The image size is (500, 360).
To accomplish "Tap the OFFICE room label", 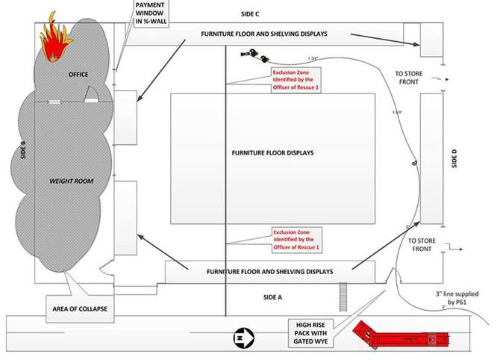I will [78, 74].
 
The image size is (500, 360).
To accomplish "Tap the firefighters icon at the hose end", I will [257, 54].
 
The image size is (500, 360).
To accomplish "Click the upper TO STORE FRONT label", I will [413, 77].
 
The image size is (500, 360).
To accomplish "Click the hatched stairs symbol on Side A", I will [344, 291].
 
